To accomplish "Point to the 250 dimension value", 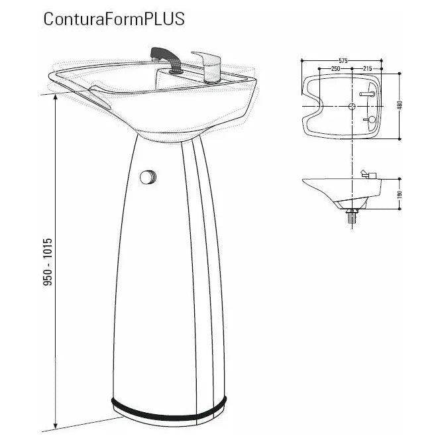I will (337, 68).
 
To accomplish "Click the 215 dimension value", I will (366, 68).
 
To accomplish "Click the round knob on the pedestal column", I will (148, 177).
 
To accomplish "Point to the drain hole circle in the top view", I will (350, 106).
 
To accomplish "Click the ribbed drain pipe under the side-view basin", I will (351, 215).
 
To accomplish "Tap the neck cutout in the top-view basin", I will (311, 106).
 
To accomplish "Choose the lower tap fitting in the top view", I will (371, 119).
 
